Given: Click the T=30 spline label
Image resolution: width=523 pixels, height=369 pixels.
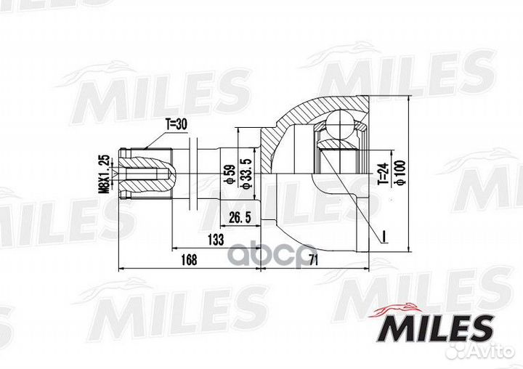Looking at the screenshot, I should click(x=176, y=125).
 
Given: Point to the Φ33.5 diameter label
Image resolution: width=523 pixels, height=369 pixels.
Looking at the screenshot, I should click(x=246, y=175).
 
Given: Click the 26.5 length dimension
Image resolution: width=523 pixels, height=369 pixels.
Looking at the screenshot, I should click(x=240, y=216).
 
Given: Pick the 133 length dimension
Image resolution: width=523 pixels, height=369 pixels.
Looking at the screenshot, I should click(x=216, y=239).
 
